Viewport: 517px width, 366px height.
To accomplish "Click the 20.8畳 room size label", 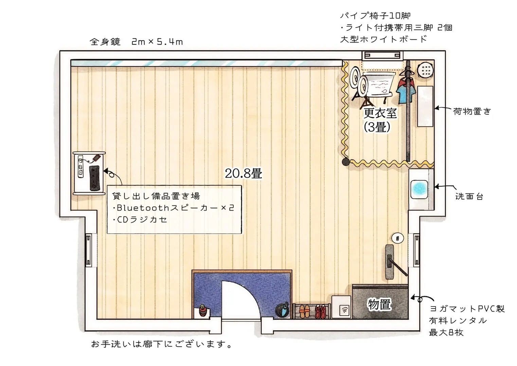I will [x=243, y=173].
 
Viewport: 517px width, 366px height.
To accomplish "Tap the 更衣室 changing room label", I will [x=380, y=113].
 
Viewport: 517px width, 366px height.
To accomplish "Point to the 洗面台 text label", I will [x=469, y=197].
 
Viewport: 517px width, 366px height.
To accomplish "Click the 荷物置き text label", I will [x=472, y=111].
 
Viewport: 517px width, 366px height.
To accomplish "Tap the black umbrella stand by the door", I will [x=282, y=310].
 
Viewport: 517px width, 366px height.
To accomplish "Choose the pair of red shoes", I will [x=320, y=311].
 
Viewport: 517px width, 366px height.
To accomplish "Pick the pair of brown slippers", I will [x=303, y=311].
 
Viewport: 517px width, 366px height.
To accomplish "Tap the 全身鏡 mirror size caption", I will [x=136, y=42].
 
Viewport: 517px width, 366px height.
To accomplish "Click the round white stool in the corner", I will [x=426, y=70].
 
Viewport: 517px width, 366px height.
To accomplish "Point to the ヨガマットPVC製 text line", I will [x=467, y=309].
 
